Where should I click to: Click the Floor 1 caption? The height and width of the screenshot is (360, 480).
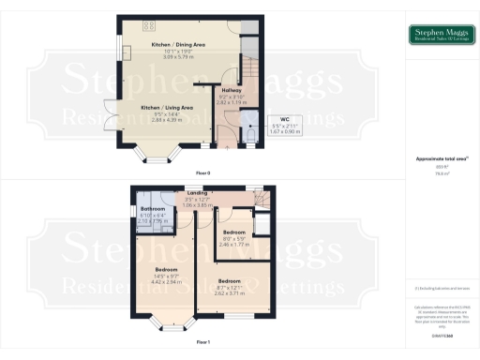click(202, 343)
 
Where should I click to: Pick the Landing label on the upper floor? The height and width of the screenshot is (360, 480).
click(196, 193)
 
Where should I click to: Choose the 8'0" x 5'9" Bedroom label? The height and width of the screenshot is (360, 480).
click(233, 232)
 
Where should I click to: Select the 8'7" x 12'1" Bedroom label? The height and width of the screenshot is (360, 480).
click(230, 280)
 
